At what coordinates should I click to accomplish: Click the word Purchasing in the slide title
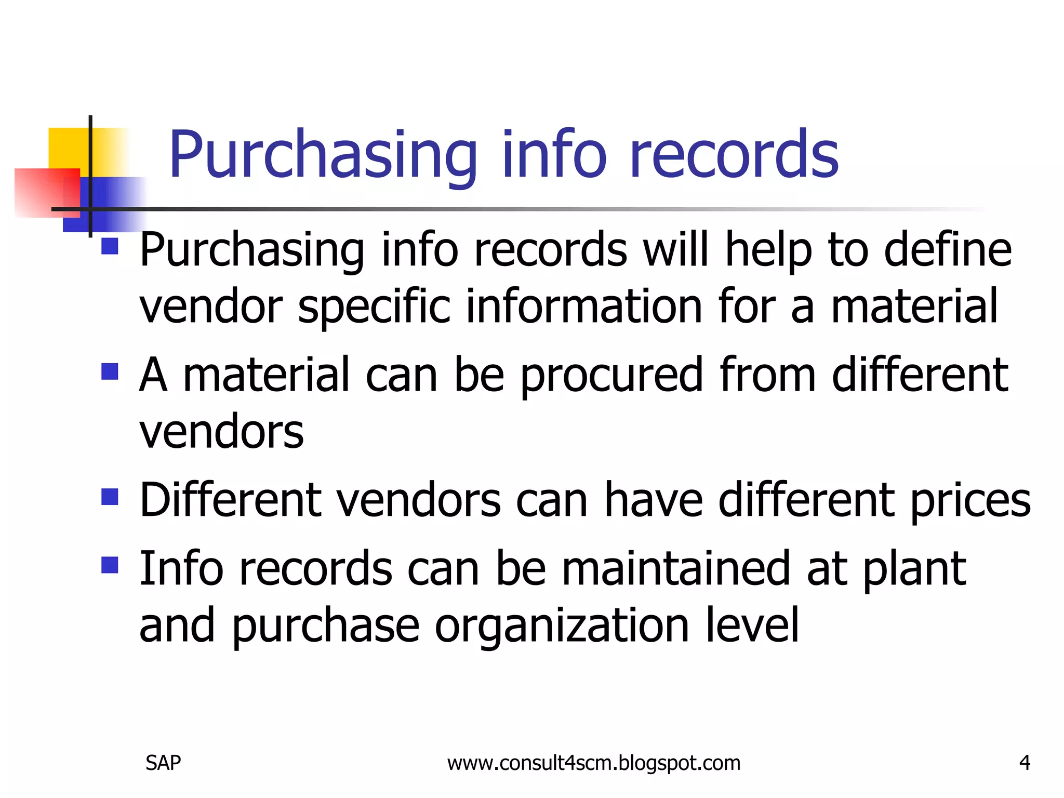point(323,155)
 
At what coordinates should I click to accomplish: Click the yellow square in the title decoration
point(68,148)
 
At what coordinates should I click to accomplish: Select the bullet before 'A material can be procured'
point(110,371)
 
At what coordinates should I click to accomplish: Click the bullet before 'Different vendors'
point(110,497)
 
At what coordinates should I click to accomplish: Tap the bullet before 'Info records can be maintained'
point(110,565)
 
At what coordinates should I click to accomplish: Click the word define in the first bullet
point(948,250)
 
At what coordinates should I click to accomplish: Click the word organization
point(561,626)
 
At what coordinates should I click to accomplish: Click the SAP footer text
point(163,763)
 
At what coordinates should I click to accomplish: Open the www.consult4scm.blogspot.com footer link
point(593,763)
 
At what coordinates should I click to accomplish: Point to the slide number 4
point(1025,763)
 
